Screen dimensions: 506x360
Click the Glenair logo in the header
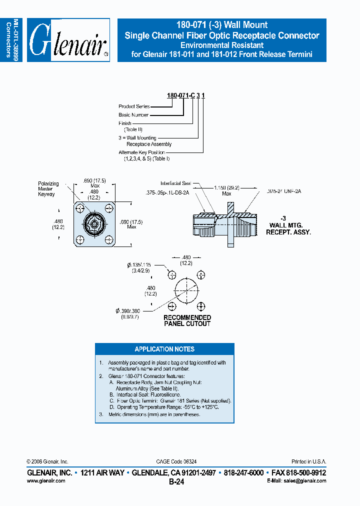click(x=68, y=40)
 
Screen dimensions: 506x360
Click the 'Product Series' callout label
click(x=134, y=106)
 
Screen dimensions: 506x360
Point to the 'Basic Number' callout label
click(x=133, y=115)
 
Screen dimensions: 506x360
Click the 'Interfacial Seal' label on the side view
click(x=176, y=183)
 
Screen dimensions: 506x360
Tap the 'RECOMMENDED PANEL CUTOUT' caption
click(x=187, y=320)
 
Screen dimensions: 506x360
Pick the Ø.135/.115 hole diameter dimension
click(x=141, y=267)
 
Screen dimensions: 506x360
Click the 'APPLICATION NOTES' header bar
click(x=164, y=349)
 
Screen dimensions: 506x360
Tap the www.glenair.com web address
click(x=45, y=480)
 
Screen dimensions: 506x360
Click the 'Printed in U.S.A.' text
click(x=308, y=461)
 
